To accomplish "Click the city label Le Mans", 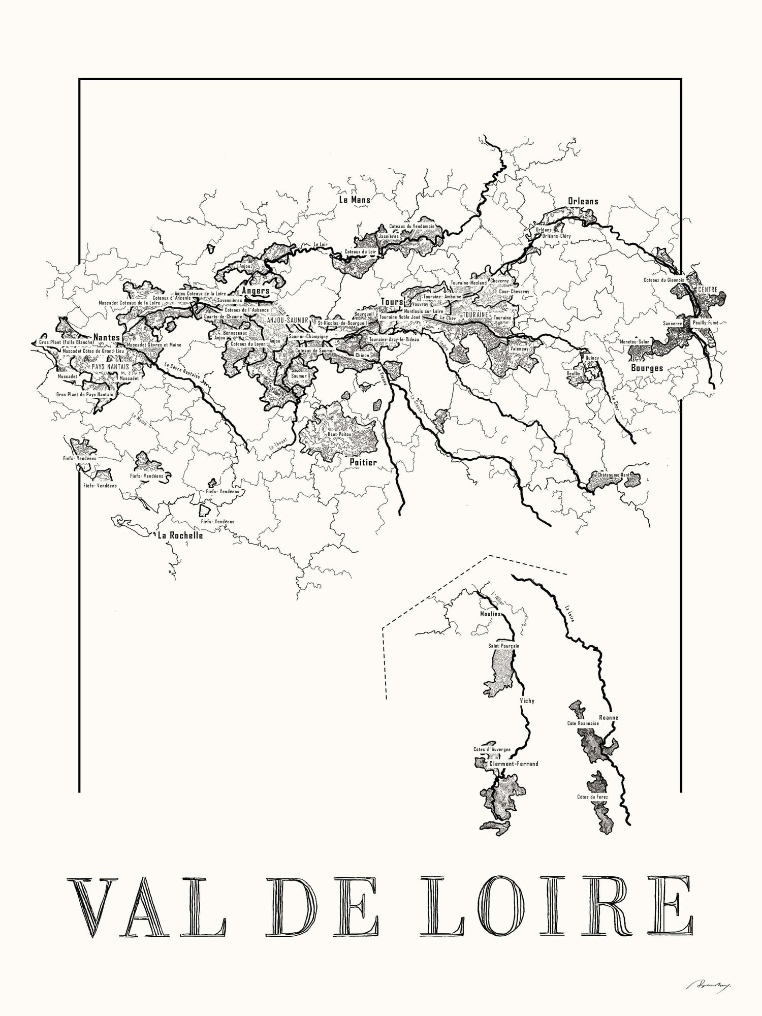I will coord(355,200).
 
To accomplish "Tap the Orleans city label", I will coord(583,201).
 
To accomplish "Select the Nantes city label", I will coord(106,337).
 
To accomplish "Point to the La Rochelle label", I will coord(180,535).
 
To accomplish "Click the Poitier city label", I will coord(363,463).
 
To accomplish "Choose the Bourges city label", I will coord(646,367).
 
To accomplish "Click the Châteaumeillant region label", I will coord(613,474).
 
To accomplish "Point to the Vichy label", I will coord(527,701).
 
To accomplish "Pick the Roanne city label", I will coord(608,718).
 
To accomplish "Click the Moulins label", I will coord(490,614).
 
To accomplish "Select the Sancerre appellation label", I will coord(672,323).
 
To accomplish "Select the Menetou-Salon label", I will coord(634,342).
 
